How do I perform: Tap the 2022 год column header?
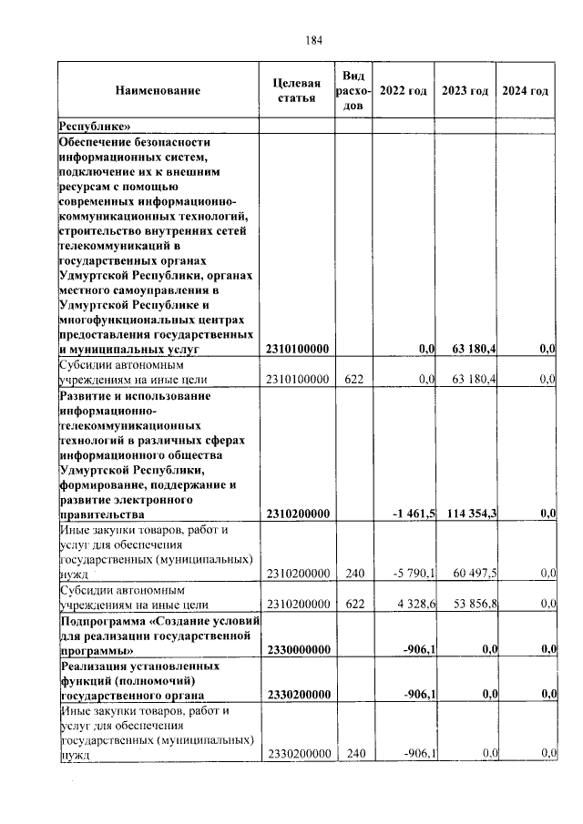(x=403, y=91)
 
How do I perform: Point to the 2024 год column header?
(x=526, y=91)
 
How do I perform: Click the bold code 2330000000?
(x=297, y=649)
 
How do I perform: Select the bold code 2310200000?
(x=297, y=514)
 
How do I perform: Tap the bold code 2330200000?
(x=297, y=695)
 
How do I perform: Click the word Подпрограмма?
(x=101, y=620)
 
